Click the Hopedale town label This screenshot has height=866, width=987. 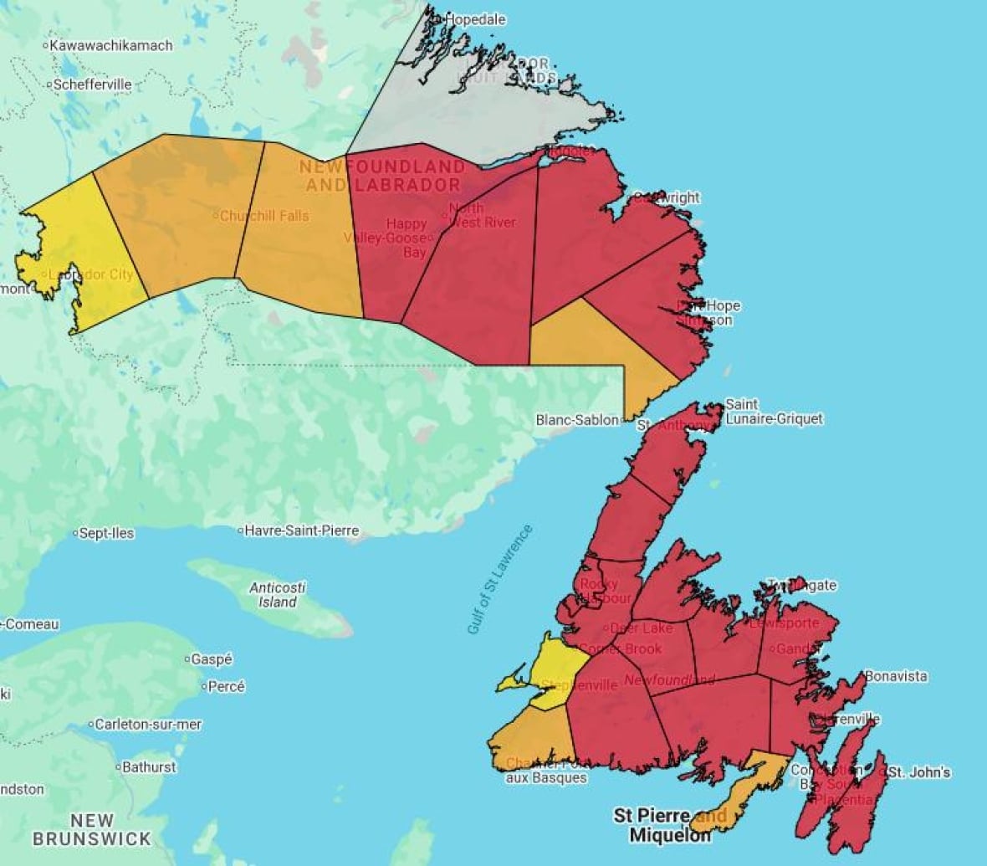pos(475,18)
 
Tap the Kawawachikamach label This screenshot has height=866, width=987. pos(110,45)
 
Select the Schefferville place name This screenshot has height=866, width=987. pos(92,85)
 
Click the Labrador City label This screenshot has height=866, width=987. pos(90,274)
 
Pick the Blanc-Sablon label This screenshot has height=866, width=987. pos(577,420)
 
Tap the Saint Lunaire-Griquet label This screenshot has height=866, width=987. pos(774,412)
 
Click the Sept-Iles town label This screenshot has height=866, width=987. pos(105,533)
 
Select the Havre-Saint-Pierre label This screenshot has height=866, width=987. pos(301,530)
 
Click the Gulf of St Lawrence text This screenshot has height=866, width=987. pos(499,579)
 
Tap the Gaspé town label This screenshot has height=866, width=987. pos(211,659)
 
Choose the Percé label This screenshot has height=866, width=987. pos(226,686)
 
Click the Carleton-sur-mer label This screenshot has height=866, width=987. pos(148,725)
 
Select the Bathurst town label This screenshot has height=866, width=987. pos(149,766)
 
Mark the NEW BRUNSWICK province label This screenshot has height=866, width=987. pos(92,829)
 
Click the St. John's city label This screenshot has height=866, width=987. pos(918,772)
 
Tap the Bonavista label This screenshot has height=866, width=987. pos(896,676)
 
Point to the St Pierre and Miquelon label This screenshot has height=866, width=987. pos(669,825)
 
